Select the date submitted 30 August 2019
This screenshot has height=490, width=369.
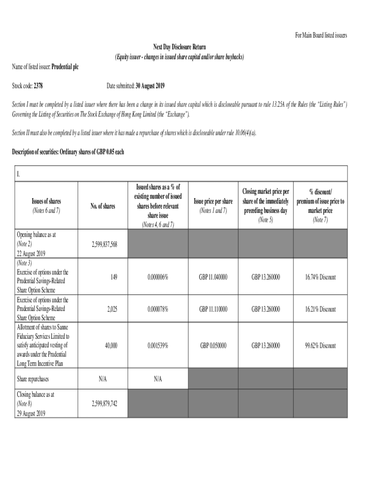point(150,86)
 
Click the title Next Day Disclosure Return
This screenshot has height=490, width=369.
point(179,47)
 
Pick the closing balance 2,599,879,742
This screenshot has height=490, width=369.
point(104,404)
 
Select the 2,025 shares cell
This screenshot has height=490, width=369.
point(111,309)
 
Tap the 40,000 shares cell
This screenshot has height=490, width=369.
point(110,345)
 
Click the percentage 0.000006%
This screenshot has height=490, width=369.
point(158,277)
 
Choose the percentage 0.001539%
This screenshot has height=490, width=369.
point(158,345)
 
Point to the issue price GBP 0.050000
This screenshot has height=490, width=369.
point(213,345)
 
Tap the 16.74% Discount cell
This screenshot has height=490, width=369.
point(320,277)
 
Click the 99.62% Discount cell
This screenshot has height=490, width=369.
point(320,345)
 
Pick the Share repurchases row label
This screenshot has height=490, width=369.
point(33,379)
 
